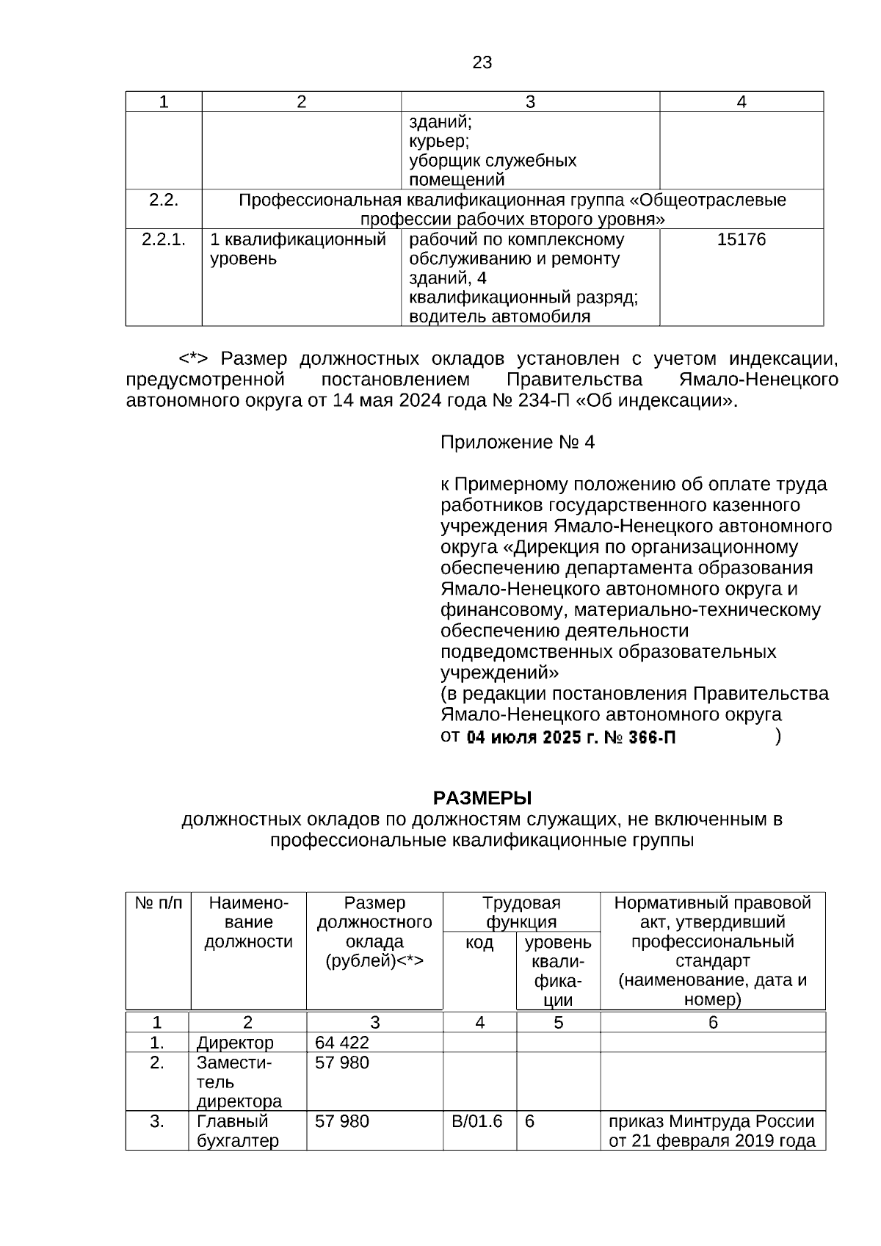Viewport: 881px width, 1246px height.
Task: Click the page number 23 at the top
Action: pos(482,62)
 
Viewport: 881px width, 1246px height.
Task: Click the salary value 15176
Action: pos(741,239)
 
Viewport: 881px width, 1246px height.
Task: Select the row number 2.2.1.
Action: pos(164,239)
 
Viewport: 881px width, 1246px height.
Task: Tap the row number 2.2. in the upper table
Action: pos(164,200)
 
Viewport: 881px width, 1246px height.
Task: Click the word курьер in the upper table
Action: pos(438,140)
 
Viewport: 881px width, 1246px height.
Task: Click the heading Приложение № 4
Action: pos(517,442)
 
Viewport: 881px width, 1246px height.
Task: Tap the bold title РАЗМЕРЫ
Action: pos(482,797)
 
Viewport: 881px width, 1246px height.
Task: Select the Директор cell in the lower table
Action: pos(235,1043)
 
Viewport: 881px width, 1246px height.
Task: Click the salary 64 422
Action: pos(342,1043)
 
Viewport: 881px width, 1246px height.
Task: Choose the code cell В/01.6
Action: pos(477,1121)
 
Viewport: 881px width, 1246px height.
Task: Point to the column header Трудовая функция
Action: pos(521,912)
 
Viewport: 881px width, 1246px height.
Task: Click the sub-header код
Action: pos(479,942)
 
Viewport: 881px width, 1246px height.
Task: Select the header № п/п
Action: pos(158,903)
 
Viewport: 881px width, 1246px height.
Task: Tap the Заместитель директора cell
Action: pos(239,1082)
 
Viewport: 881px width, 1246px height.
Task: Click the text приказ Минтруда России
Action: pos(711,1121)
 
